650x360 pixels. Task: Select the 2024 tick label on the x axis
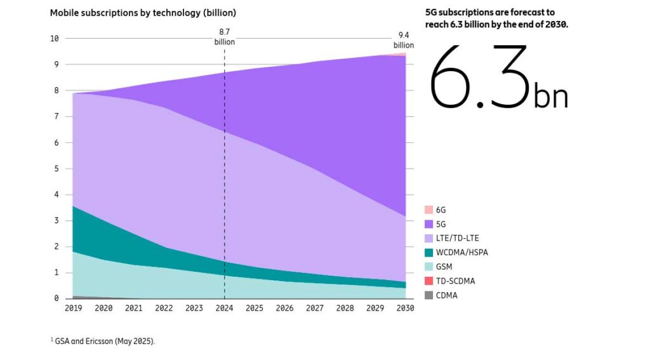(x=224, y=308)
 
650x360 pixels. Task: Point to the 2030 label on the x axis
(x=405, y=308)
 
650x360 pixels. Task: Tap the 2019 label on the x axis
(x=73, y=308)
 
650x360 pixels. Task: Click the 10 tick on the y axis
(x=54, y=38)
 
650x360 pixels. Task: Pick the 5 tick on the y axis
(x=56, y=168)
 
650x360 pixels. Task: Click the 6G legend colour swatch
(x=428, y=210)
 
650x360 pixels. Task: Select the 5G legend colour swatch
(x=428, y=223)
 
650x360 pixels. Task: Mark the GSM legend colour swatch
(x=428, y=267)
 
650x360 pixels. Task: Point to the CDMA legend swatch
(x=428, y=295)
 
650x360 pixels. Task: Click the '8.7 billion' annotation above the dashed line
(x=224, y=36)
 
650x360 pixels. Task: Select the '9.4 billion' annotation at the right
(x=403, y=40)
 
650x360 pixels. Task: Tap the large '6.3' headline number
(x=479, y=77)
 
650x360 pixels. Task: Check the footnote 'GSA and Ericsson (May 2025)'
(x=104, y=341)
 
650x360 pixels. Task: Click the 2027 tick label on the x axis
(x=315, y=308)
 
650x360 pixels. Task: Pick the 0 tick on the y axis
(x=56, y=298)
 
